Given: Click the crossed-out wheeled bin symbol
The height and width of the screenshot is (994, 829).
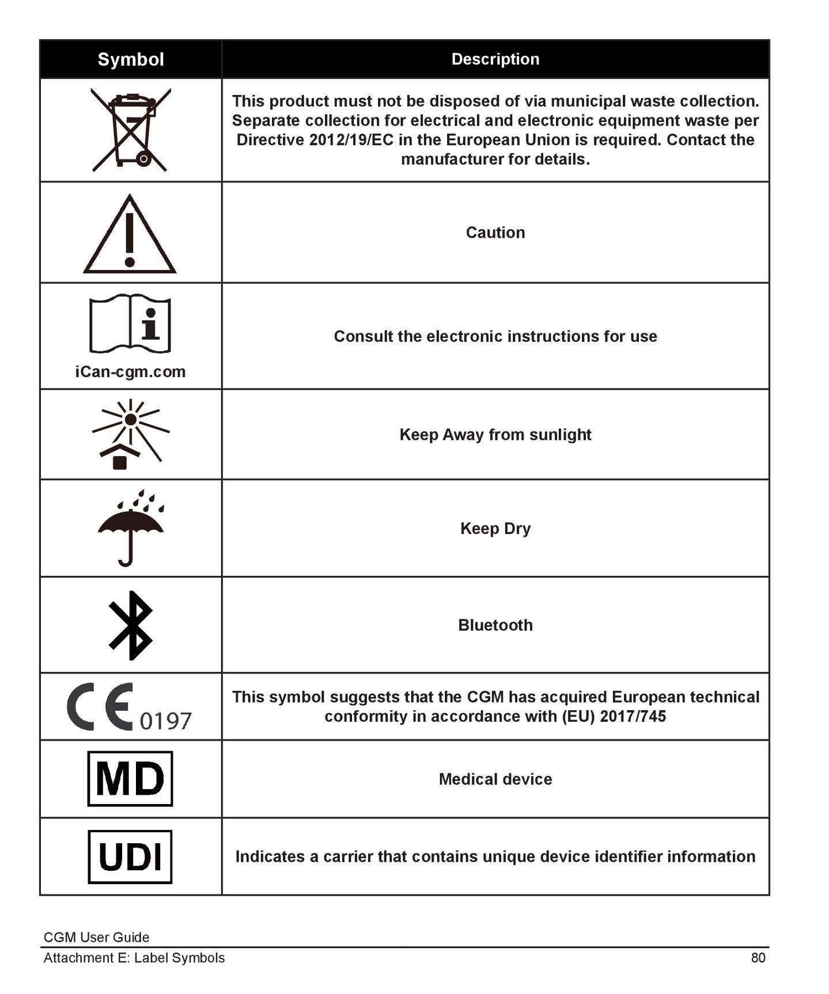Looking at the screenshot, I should tap(131, 130).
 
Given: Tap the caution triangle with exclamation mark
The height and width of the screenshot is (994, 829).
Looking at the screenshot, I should tap(130, 235).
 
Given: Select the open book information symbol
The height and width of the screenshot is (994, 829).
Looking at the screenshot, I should tap(130, 323).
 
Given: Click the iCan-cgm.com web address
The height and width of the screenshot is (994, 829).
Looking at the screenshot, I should tap(130, 372).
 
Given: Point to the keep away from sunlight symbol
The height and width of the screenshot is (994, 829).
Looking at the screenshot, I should tap(130, 433).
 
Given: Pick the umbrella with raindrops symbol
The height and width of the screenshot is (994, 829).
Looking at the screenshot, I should tap(131, 528).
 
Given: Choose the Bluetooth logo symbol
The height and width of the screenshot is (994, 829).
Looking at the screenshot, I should tap(131, 625).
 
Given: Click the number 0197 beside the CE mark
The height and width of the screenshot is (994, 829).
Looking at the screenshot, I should tap(165, 721).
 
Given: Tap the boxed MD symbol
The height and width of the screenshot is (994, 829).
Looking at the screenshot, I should tap(130, 778).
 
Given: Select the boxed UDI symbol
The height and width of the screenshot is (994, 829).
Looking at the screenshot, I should tap(130, 856).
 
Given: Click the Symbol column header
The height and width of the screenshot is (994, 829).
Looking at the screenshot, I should tap(131, 59).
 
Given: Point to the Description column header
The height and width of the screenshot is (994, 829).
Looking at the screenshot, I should tap(495, 59).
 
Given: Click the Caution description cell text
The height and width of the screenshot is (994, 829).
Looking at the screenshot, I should tap(495, 233).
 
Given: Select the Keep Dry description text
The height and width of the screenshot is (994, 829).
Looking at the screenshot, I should tap(495, 528).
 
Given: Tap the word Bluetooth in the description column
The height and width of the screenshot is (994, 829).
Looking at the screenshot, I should tap(495, 625).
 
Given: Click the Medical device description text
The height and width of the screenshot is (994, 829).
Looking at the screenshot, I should tap(495, 779).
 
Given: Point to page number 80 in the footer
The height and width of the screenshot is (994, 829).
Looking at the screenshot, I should tap(758, 958).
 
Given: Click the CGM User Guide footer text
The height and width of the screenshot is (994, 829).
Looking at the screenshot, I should tap(96, 937).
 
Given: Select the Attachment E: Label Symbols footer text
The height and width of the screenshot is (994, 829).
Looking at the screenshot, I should tap(134, 958).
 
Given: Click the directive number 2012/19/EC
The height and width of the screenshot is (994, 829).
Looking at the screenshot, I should tap(351, 140).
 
